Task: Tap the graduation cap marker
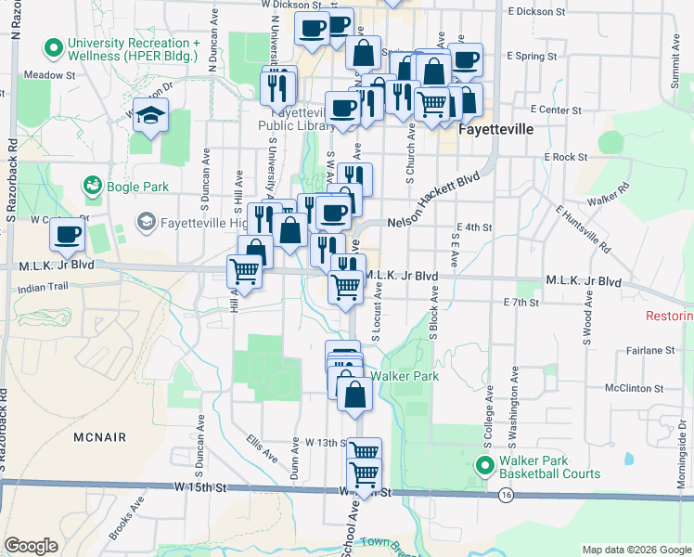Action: pyautogui.click(x=149, y=115)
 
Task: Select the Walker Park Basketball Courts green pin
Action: pyautogui.click(x=483, y=464)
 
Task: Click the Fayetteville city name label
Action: pyautogui.click(x=497, y=130)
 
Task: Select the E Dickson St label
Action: pyautogui.click(x=537, y=12)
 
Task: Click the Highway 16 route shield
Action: pyautogui.click(x=505, y=496)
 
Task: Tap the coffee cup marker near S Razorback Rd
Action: pyautogui.click(x=67, y=236)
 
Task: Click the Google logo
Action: pyautogui.click(x=32, y=545)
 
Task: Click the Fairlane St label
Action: pyautogui.click(x=649, y=350)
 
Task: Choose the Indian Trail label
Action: pyautogui.click(x=43, y=289)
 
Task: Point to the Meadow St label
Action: pyautogui.click(x=50, y=74)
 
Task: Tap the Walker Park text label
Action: pyautogui.click(x=404, y=376)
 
